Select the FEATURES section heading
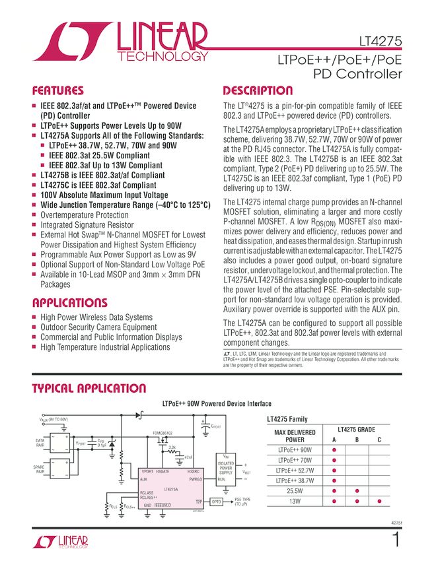(58, 90)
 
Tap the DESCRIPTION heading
(258, 90)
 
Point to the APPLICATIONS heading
(69, 303)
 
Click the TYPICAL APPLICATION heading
(89, 389)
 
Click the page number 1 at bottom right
(395, 541)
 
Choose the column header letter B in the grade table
(356, 440)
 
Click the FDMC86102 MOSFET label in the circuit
(162, 433)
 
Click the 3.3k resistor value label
(172, 447)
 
